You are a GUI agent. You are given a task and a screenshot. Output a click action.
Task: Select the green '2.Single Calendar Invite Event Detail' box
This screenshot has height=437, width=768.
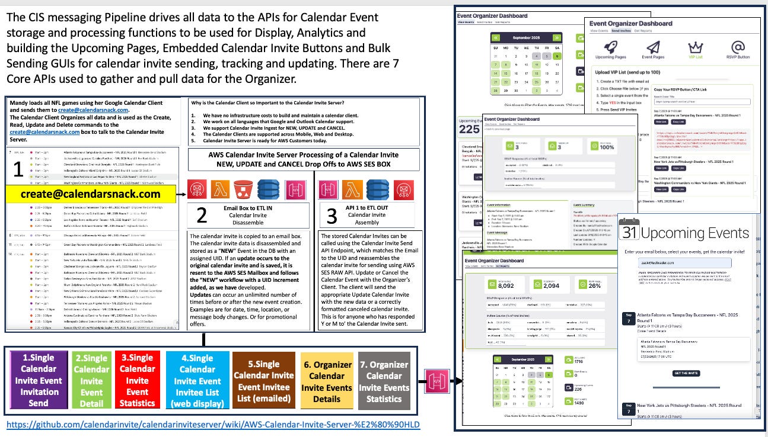91,380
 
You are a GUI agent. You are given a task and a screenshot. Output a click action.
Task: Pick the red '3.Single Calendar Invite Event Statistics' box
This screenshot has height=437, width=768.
137,380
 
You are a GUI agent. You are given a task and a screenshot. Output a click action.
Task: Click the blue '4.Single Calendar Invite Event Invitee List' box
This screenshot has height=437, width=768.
197,380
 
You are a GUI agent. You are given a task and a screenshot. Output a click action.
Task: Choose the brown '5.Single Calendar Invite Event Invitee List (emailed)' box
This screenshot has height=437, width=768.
264,380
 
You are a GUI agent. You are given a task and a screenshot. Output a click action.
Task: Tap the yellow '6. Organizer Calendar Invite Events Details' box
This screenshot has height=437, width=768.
326,380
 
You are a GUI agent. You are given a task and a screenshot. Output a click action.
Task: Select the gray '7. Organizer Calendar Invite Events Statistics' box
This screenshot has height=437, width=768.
384,380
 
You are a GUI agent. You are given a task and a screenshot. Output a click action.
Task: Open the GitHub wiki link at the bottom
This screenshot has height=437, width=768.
213,425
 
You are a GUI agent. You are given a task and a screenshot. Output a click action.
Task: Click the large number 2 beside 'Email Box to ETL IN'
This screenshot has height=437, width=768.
201,216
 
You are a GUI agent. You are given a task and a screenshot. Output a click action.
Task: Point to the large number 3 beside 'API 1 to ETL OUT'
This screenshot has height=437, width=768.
332,216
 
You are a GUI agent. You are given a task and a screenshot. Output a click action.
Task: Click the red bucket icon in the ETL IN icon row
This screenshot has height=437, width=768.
240,189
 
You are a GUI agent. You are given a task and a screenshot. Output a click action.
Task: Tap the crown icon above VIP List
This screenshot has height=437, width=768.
694,47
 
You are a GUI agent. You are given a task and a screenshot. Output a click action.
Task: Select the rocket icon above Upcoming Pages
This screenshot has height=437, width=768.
611,47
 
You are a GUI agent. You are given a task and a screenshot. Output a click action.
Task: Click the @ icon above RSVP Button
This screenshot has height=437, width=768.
738,47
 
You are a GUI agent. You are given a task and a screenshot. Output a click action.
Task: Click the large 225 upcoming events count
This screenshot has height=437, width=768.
470,129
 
